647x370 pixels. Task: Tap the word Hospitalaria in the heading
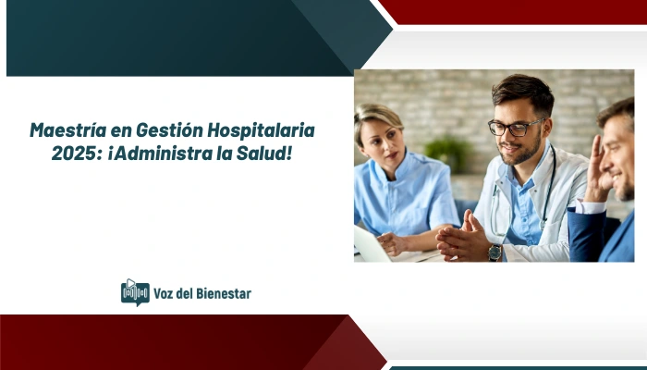pyautogui.click(x=264, y=129)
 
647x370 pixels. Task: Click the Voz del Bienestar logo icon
pyautogui.click(x=135, y=292)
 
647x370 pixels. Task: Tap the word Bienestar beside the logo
pyautogui.click(x=219, y=293)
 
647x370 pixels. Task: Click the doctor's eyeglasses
pyautogui.click(x=514, y=128)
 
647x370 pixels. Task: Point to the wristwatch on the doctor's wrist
pyautogui.click(x=495, y=250)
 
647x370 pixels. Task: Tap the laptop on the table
pyautogui.click(x=370, y=245)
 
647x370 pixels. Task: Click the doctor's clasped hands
pyautogui.click(x=462, y=237)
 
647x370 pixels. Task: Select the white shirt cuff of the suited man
pyautogui.click(x=591, y=206)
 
